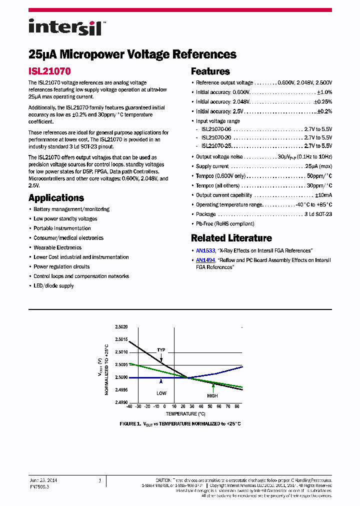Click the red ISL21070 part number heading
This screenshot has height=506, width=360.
[x=49, y=71]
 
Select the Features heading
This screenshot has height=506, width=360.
[x=210, y=71]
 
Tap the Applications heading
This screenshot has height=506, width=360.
[x=56, y=198]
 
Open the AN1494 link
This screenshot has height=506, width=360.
[x=205, y=260]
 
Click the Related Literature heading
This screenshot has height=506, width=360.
[x=231, y=238]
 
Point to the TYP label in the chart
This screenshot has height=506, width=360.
[x=161, y=349]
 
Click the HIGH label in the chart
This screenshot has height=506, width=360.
[x=213, y=395]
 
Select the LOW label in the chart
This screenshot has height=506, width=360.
[x=161, y=393]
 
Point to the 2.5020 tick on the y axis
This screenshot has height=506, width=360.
[x=121, y=327]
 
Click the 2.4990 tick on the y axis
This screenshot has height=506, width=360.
[x=121, y=402]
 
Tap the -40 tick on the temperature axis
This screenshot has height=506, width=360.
[x=129, y=407]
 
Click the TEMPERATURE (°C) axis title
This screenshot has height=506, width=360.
[x=185, y=413]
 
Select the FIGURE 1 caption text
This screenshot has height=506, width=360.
[x=180, y=424]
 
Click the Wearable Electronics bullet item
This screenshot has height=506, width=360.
[x=57, y=247]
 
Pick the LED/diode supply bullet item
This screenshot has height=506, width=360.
[x=53, y=286]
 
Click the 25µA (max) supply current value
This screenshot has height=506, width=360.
[x=318, y=166]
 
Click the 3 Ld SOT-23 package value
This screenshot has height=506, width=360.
[x=318, y=214]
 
